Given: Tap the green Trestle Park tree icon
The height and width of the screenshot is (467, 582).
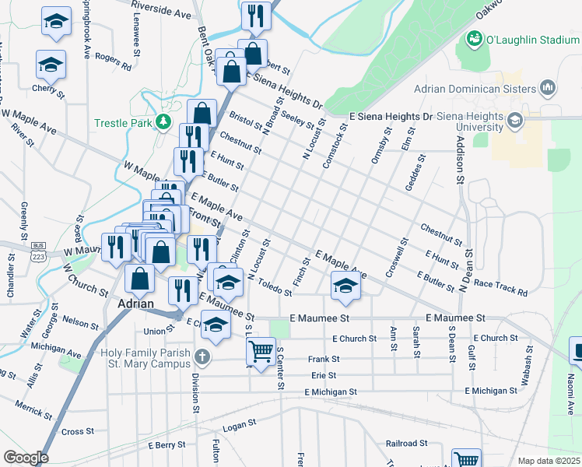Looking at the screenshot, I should click(163, 121).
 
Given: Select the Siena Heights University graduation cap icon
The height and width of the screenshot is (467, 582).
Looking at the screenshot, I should click(514, 121).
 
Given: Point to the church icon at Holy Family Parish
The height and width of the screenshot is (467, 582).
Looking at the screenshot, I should click(202, 358).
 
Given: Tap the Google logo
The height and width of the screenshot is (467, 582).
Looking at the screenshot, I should click(25, 458).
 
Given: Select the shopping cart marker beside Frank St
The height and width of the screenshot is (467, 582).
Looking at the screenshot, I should click(261, 350).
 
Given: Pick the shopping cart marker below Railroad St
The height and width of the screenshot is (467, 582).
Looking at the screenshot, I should click(466, 459).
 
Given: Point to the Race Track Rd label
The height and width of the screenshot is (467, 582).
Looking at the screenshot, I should click(500, 288).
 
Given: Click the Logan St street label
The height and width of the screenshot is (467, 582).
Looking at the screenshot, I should click(239, 424).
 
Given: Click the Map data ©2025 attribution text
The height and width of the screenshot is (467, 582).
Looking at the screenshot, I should click(548, 461).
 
